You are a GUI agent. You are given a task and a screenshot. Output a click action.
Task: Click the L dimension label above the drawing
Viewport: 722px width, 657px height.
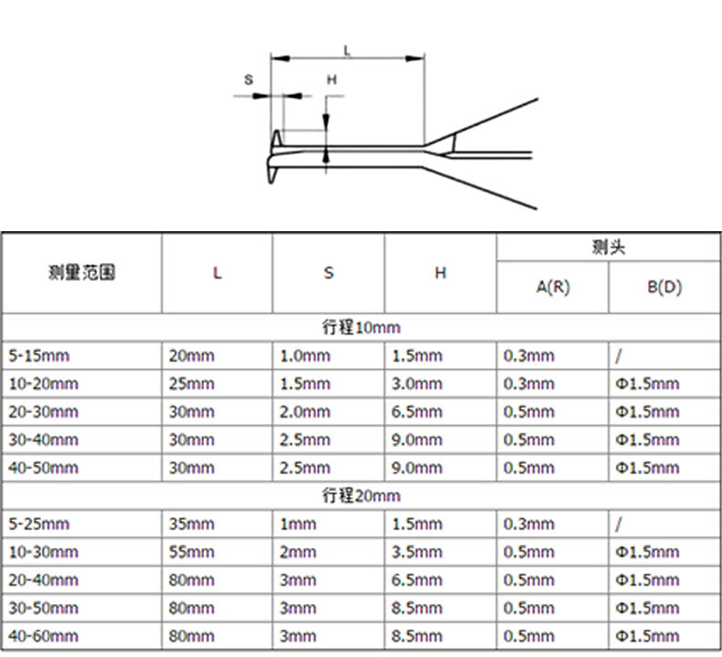tap(347, 50)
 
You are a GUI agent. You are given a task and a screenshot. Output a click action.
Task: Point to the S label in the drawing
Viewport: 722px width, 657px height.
tap(249, 79)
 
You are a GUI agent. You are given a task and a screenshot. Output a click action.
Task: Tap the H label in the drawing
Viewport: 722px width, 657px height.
tap(332, 79)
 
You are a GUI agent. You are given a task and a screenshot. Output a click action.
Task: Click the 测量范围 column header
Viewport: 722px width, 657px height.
tap(81, 272)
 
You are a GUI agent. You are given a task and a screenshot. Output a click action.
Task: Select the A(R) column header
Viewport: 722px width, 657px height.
tap(553, 287)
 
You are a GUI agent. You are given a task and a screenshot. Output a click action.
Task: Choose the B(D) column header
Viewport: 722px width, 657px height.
tap(664, 287)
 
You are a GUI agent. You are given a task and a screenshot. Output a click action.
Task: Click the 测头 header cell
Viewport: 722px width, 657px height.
tap(609, 248)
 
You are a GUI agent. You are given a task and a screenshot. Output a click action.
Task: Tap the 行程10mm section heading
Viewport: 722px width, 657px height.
tap(361, 327)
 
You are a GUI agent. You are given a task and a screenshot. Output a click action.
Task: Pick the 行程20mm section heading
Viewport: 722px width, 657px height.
tap(361, 495)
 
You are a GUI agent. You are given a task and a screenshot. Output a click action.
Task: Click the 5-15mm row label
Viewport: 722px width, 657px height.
tap(39, 355)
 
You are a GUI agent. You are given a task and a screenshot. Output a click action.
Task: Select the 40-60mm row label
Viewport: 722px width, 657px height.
tap(43, 636)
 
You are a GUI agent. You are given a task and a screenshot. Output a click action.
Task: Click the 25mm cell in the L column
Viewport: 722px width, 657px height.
tap(192, 384)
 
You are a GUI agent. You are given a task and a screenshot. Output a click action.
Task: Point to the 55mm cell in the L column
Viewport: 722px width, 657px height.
tap(192, 552)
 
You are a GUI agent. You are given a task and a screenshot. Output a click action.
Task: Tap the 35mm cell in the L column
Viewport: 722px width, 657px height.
tap(192, 524)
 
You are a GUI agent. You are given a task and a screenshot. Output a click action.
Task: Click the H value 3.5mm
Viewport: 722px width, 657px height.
tap(417, 552)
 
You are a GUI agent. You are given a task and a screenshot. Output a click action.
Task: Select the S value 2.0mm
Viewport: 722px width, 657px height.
tap(305, 411)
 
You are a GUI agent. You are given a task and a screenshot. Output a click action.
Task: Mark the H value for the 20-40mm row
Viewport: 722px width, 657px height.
tap(417, 579)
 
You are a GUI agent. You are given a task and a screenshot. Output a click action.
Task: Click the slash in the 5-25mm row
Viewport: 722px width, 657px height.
tap(619, 524)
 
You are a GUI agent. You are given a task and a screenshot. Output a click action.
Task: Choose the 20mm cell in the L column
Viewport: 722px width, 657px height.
tap(192, 355)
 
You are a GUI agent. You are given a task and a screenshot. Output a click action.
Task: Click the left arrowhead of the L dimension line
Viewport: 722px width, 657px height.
tap(280, 58)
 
